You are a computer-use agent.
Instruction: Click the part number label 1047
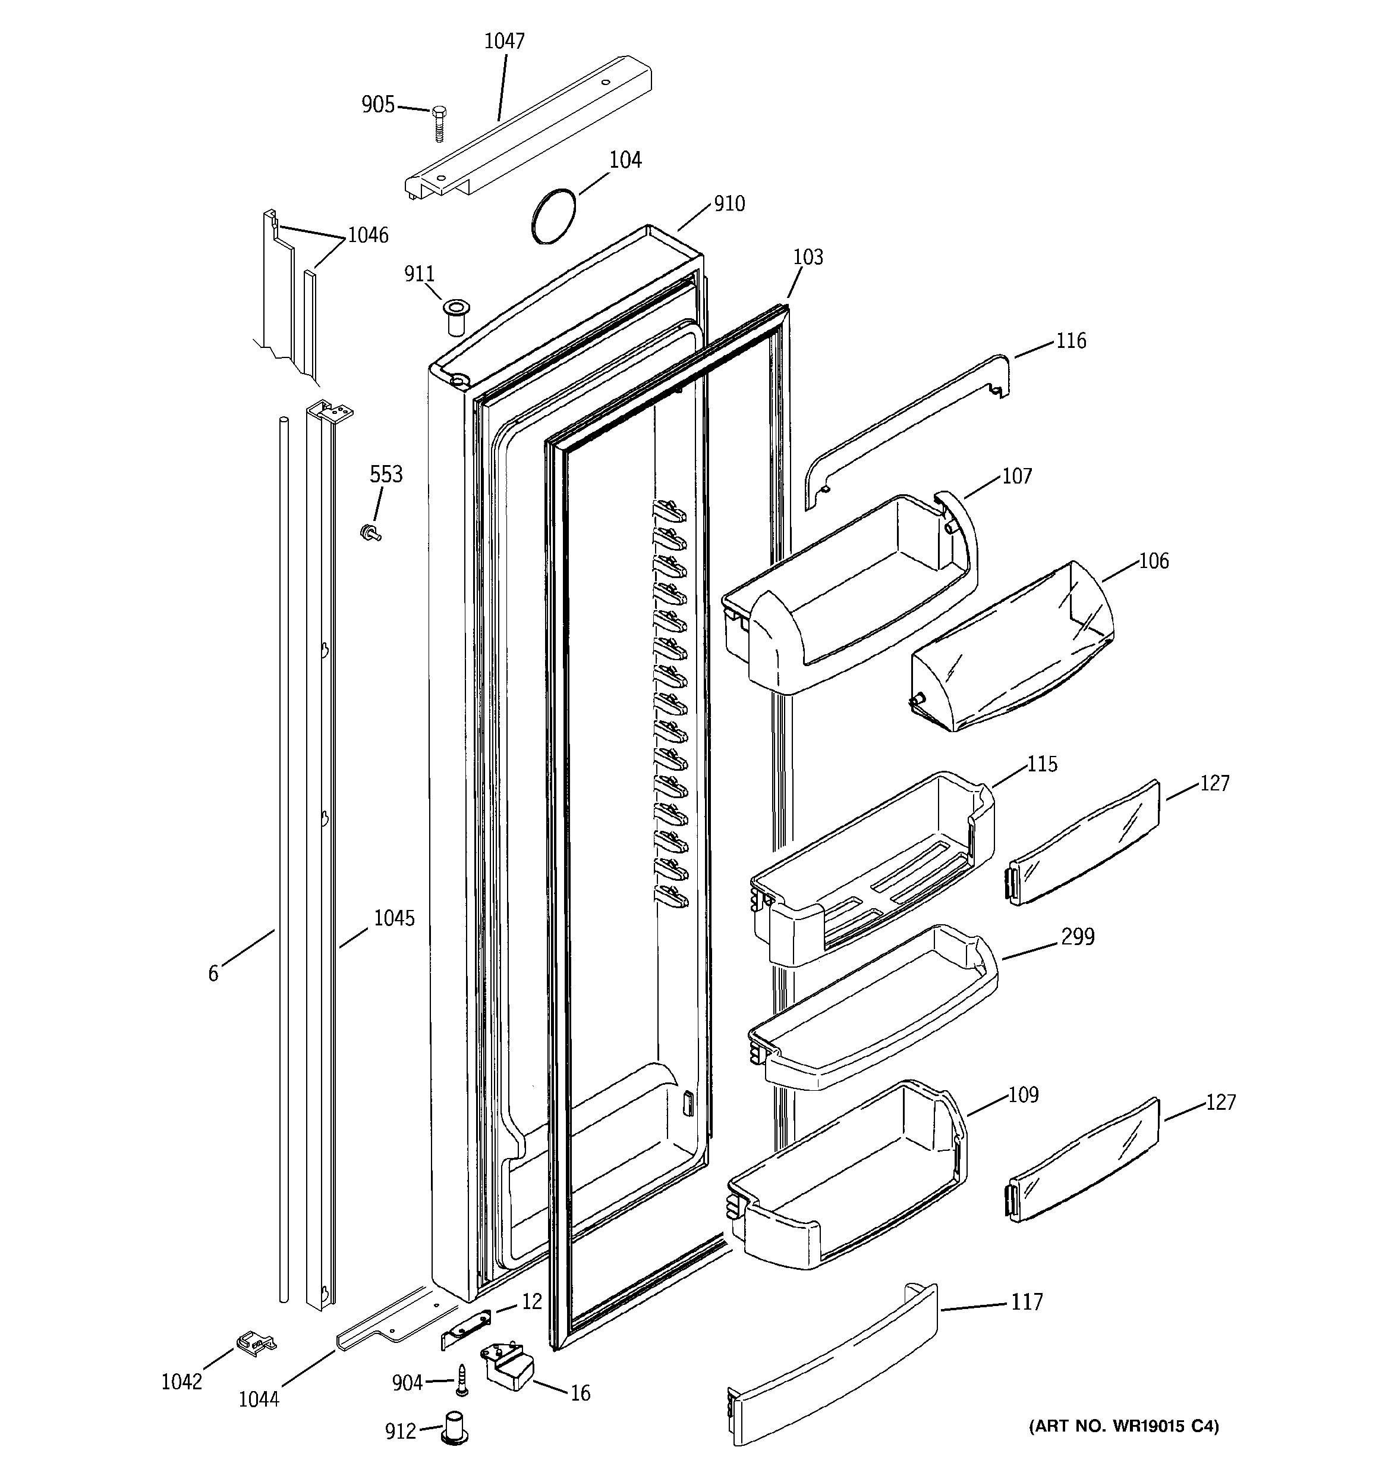click(x=504, y=42)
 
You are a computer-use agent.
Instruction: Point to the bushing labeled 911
click(x=452, y=317)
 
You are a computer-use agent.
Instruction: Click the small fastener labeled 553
click(x=369, y=532)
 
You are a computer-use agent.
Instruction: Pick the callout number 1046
click(x=368, y=236)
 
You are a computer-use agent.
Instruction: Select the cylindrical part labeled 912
click(x=454, y=1426)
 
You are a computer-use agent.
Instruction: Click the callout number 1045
click(x=394, y=918)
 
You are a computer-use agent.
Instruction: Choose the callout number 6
click(x=213, y=973)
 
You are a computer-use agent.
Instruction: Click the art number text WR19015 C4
click(x=1123, y=1426)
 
